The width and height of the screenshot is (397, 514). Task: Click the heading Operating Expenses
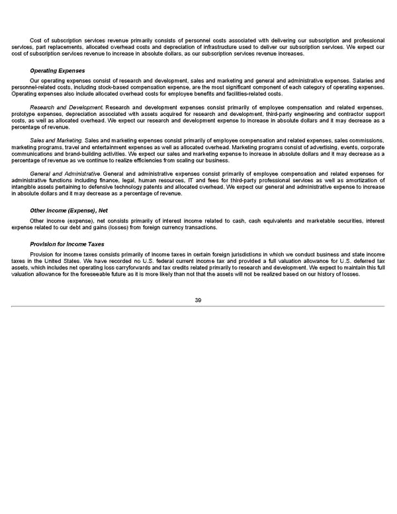(58, 71)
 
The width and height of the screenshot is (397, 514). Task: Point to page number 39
(198, 301)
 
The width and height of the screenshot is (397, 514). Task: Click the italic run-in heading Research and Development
(66, 106)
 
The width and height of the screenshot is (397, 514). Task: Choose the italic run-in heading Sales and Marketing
(56, 140)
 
